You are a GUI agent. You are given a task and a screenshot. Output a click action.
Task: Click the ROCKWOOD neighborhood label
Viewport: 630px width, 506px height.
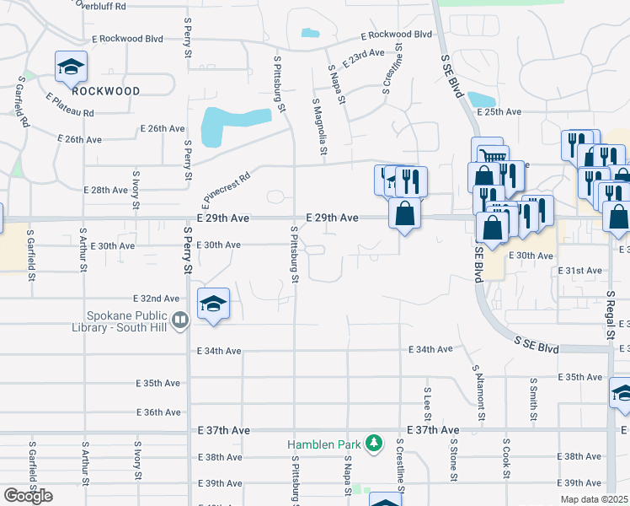[105, 90]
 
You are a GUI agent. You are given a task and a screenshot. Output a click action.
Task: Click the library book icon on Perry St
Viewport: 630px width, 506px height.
[179, 320]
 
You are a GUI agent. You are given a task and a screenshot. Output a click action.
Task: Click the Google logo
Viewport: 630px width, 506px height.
[29, 496]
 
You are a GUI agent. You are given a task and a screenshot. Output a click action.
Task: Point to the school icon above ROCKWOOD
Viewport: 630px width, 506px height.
[72, 65]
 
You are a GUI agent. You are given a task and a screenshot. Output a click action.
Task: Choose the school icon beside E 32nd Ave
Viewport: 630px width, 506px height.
[214, 304]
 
